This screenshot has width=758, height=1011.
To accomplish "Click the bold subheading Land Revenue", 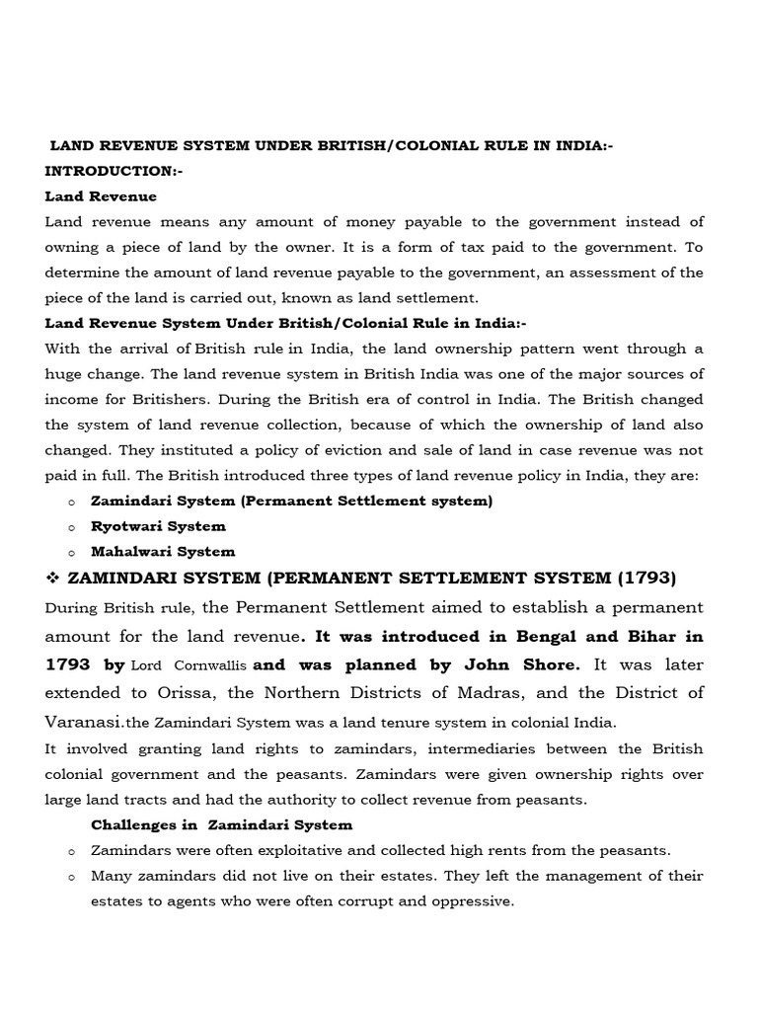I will point(101,196).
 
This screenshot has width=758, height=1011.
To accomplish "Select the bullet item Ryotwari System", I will point(158,526).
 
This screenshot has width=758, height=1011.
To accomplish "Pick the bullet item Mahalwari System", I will point(163,552).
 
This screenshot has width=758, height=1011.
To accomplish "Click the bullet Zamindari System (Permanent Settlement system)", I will point(291,501).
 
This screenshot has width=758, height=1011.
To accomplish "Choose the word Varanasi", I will point(79,722).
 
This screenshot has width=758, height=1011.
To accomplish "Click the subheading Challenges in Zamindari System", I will point(221,824).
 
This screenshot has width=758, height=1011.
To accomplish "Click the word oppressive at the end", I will point(471,901).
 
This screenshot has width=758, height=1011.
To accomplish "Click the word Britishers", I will point(146,398).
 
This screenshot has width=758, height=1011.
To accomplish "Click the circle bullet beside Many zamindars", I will point(71,877).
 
